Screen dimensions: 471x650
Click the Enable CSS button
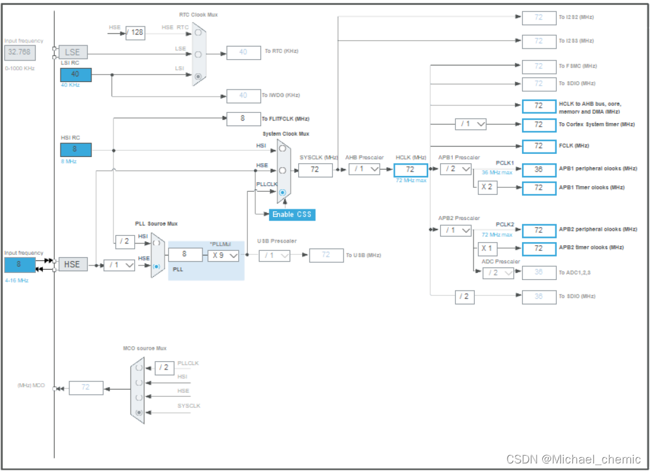[292, 214]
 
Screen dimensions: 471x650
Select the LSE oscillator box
[73, 52]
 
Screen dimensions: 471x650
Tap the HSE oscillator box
[73, 264]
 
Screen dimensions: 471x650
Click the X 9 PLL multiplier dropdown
[224, 255]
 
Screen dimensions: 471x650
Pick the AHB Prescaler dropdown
[364, 169]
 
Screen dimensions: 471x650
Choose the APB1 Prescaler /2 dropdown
[456, 169]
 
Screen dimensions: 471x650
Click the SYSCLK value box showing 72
[315, 170]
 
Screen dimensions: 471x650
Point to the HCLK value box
[410, 170]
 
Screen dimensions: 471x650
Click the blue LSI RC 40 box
[76, 74]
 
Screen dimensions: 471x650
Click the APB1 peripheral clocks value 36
[538, 170]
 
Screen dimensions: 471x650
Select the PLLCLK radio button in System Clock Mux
[282, 192]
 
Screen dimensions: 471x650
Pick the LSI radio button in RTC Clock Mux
[199, 76]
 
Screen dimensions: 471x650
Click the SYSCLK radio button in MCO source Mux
[139, 412]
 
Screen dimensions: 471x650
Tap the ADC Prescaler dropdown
[498, 272]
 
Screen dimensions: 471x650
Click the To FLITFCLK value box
[243, 118]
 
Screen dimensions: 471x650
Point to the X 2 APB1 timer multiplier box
[487, 187]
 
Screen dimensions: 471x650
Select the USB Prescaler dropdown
[275, 255]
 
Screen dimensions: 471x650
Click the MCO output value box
[85, 388]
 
